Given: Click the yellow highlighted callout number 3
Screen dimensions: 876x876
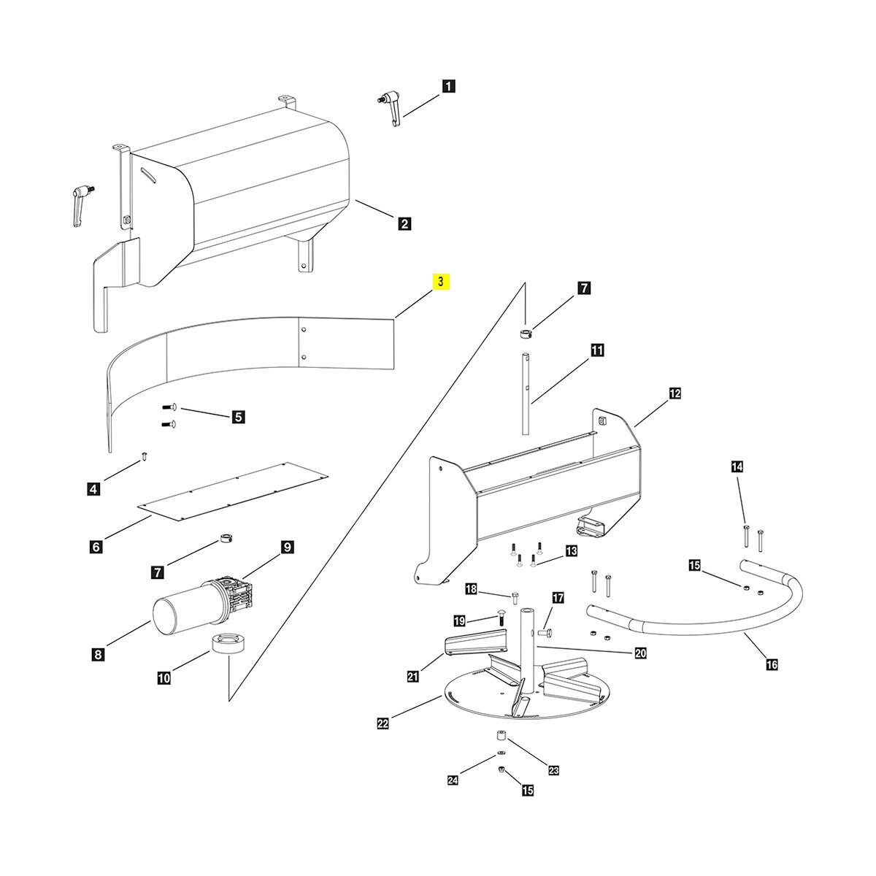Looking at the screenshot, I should pos(442,282).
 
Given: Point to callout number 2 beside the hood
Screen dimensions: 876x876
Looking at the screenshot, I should pos(404,223).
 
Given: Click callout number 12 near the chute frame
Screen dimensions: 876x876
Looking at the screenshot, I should pos(675,393).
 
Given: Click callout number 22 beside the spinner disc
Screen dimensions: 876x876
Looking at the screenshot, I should pos(383,723).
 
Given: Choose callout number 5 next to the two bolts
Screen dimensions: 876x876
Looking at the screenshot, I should pos(238,418).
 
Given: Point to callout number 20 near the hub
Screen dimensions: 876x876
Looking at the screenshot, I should pos(640,653).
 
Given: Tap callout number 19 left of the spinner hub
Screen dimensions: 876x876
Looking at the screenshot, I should pos(458,620).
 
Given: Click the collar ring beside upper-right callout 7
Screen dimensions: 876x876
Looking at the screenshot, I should pos(526,334).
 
